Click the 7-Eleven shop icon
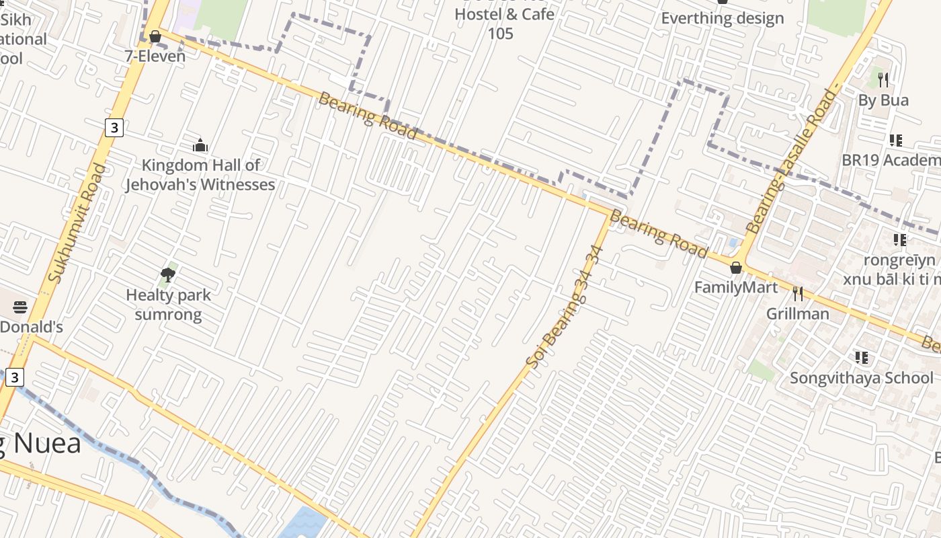(x=155, y=36)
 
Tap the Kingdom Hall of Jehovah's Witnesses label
(x=200, y=175)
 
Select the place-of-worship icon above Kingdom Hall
(x=200, y=145)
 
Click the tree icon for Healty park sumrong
(x=168, y=274)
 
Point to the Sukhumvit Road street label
(x=78, y=223)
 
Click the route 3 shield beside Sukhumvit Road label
(x=114, y=127)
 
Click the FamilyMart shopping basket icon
(x=736, y=268)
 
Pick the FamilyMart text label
(x=735, y=288)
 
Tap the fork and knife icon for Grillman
(x=798, y=294)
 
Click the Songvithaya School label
(x=862, y=378)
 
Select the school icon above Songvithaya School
(x=862, y=357)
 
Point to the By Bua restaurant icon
(x=883, y=80)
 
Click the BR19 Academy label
(x=891, y=160)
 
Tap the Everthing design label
(x=723, y=18)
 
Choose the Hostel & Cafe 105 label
(x=504, y=24)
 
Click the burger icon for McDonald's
(x=20, y=307)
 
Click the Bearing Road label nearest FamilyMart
(x=659, y=234)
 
